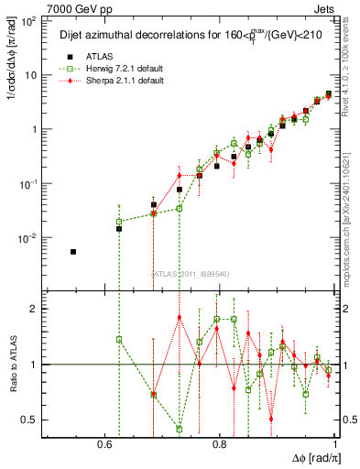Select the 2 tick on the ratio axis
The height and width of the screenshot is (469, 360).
(35, 309)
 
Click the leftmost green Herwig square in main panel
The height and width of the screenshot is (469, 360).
(119, 222)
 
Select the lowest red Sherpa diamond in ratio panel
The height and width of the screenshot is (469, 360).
(271, 419)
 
